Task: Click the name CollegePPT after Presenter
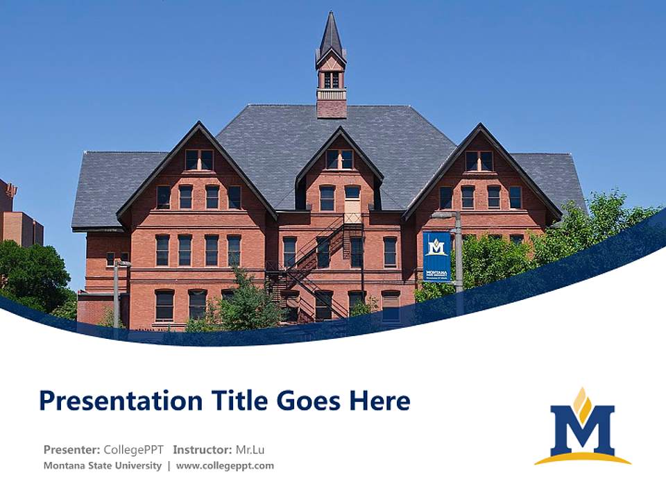133,449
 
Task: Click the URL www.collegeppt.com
225,465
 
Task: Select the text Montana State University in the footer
103,465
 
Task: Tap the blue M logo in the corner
583,431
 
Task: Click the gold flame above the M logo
582,402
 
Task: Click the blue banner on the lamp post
436,256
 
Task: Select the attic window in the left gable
199,160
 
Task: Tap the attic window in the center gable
339,159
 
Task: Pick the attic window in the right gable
479,161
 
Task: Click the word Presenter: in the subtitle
72,449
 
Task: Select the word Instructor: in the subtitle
203,449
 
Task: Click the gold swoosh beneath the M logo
583,458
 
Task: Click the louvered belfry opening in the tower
331,79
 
